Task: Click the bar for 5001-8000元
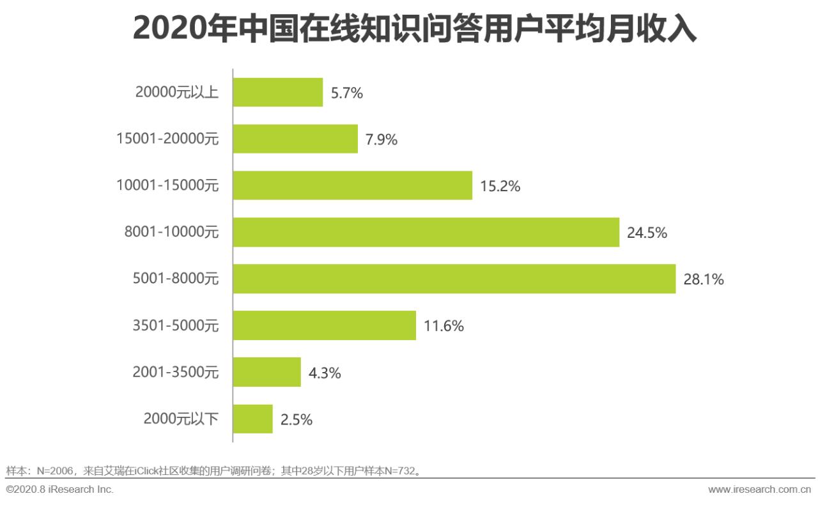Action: [454, 279]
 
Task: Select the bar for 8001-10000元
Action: [426, 232]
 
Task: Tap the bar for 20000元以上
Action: [277, 93]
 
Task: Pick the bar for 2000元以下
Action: [252, 419]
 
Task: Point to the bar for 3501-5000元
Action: [324, 325]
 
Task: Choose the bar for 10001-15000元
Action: [352, 185]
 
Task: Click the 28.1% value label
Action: [704, 279]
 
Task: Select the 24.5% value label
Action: [647, 233]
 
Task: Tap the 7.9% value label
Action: [382, 139]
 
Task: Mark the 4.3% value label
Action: [325, 373]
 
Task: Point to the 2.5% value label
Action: [297, 419]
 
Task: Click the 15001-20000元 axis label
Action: [167, 139]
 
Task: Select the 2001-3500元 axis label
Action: [175, 372]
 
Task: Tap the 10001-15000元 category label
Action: [167, 185]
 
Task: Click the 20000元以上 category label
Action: [177, 93]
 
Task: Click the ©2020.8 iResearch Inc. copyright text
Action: [59, 489]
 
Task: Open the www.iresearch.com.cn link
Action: [759, 489]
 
